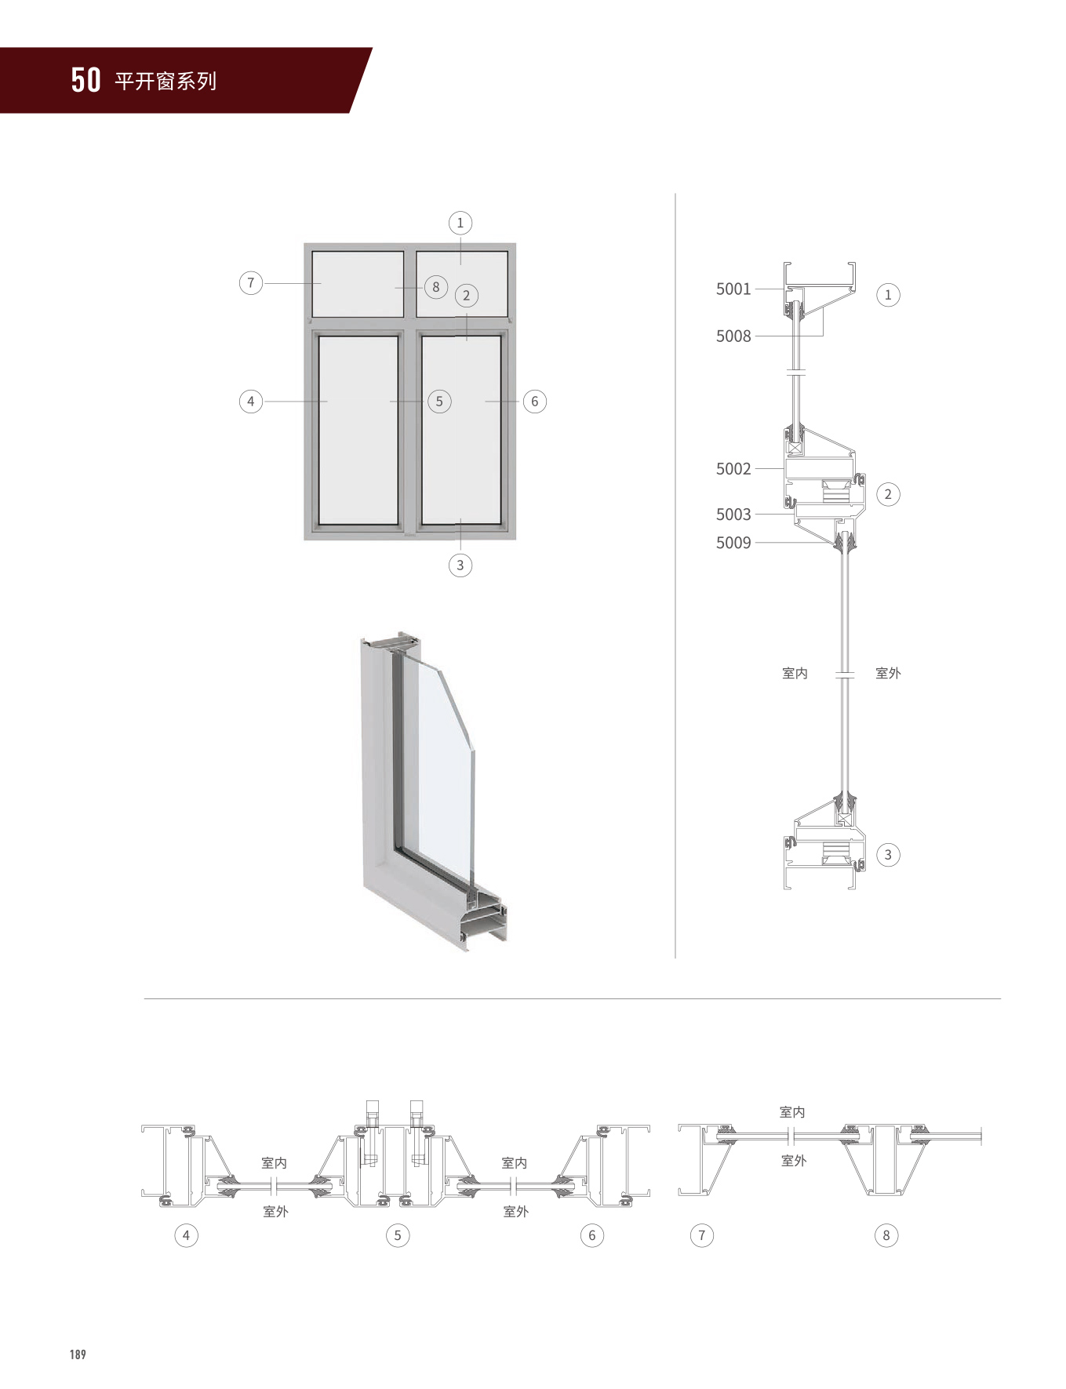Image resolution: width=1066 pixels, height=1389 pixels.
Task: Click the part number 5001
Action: pyautogui.click(x=733, y=289)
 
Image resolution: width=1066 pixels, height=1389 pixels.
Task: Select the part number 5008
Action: pyautogui.click(x=733, y=336)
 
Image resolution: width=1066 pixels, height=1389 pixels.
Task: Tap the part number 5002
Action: pyautogui.click(x=733, y=469)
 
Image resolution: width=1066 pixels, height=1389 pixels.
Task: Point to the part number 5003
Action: pyautogui.click(x=733, y=515)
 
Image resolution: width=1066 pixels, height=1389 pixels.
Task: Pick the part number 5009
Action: pyautogui.click(x=733, y=543)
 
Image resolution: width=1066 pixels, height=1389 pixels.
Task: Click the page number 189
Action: pyautogui.click(x=78, y=1354)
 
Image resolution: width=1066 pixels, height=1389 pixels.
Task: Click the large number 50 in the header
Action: pyautogui.click(x=85, y=80)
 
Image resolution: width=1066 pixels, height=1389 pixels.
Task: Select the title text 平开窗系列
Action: pyautogui.click(x=166, y=82)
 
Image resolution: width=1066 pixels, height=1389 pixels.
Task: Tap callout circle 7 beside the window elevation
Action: pyautogui.click(x=251, y=282)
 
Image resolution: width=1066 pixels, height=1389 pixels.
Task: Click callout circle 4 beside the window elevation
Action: pyautogui.click(x=251, y=402)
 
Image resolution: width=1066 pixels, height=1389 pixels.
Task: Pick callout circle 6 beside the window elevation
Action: pyautogui.click(x=535, y=402)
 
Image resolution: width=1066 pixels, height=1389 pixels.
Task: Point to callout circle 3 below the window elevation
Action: pyautogui.click(x=460, y=565)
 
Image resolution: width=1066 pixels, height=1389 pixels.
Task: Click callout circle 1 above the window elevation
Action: pyautogui.click(x=460, y=223)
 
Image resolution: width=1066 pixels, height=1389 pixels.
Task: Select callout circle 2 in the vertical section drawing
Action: pyautogui.click(x=888, y=494)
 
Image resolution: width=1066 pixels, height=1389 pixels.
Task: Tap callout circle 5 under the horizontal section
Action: pyautogui.click(x=398, y=1235)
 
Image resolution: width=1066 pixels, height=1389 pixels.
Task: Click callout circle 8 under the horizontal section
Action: pyautogui.click(x=886, y=1235)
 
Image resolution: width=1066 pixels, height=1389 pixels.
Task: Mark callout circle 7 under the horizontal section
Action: pyautogui.click(x=702, y=1235)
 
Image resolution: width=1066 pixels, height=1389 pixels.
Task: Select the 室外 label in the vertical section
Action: pyautogui.click(x=888, y=673)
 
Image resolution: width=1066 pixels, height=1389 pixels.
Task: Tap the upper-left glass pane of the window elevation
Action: pyautogui.click(x=358, y=283)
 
